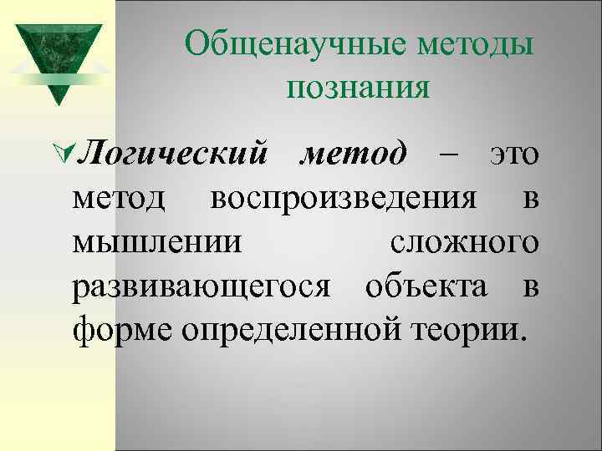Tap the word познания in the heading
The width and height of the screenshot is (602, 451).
(x=357, y=87)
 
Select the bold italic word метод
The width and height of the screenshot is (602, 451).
(x=353, y=155)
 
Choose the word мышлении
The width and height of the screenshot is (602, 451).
(x=159, y=244)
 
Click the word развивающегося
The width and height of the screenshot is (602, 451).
(x=203, y=288)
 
